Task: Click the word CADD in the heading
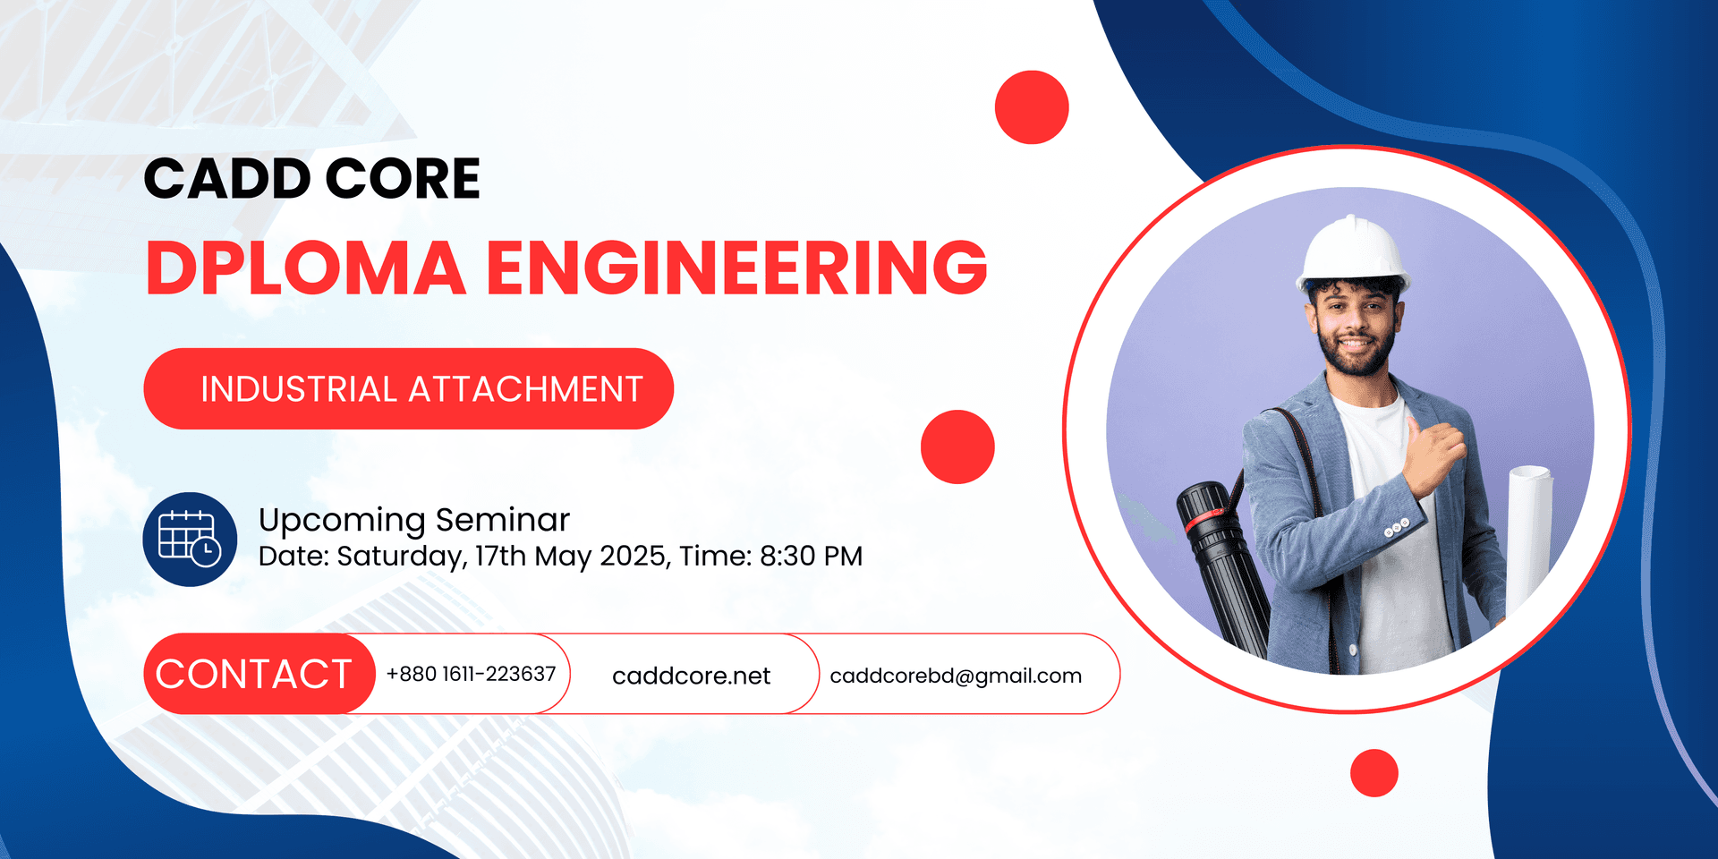point(227,178)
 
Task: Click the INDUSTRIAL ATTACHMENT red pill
point(408,388)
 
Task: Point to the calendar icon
point(190,540)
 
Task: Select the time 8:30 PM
point(811,557)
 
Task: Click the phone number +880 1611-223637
point(471,674)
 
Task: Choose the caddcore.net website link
point(691,676)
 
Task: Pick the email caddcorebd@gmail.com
point(956,676)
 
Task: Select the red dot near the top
point(1032,107)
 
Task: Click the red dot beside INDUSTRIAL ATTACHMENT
point(957,447)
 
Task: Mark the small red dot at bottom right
point(1374,773)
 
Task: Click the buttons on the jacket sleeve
point(1397,528)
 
